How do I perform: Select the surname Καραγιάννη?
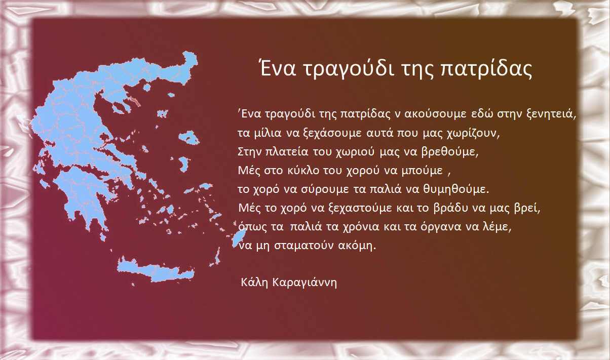coord(304,283)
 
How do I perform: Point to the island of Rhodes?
coord(239,237)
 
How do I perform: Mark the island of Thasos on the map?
coord(147,87)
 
